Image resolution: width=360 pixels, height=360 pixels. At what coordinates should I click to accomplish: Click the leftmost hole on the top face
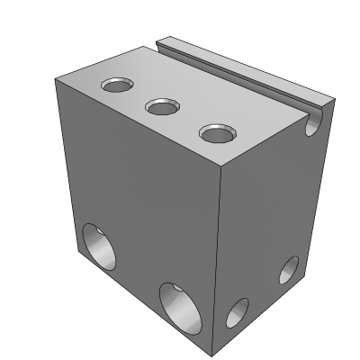(117, 86)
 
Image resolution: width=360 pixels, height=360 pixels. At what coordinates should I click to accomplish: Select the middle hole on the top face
(163, 107)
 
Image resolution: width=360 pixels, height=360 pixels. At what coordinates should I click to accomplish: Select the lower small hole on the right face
(236, 312)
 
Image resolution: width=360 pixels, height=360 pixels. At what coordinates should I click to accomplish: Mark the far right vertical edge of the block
(319, 189)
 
